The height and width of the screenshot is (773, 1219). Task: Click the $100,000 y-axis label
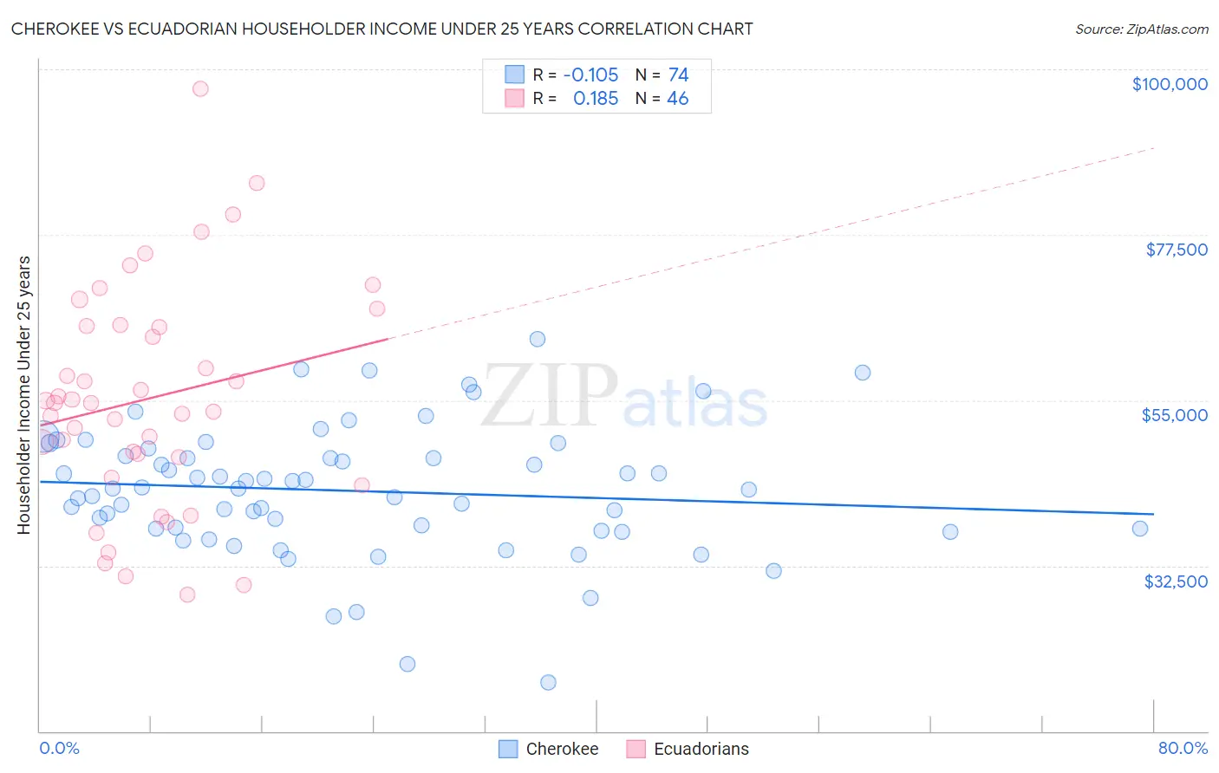click(x=1170, y=84)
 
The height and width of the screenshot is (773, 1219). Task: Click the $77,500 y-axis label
click(x=1176, y=250)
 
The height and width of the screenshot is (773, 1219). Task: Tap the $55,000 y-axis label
click(x=1174, y=415)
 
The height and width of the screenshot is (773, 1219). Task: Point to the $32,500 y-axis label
click(x=1176, y=581)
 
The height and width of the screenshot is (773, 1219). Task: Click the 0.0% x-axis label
click(x=59, y=748)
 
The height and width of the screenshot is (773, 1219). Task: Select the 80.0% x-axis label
click(x=1183, y=748)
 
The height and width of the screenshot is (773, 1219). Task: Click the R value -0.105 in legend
click(x=590, y=75)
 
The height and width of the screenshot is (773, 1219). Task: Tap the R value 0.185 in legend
click(x=596, y=99)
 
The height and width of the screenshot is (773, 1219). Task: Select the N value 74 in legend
click(x=678, y=75)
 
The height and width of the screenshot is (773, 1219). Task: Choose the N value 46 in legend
click(x=677, y=99)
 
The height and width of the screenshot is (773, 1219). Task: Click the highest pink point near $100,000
click(x=200, y=88)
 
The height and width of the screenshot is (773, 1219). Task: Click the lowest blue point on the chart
click(x=548, y=682)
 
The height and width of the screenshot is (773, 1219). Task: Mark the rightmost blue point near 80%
click(x=1140, y=529)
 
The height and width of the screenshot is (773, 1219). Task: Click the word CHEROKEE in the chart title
click(x=53, y=29)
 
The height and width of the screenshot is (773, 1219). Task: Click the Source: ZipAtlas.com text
click(x=1141, y=29)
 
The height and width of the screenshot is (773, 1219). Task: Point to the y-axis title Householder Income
click(x=23, y=394)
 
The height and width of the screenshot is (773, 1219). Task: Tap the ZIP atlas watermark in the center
click(x=624, y=397)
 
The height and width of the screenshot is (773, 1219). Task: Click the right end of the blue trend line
click(x=1153, y=514)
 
